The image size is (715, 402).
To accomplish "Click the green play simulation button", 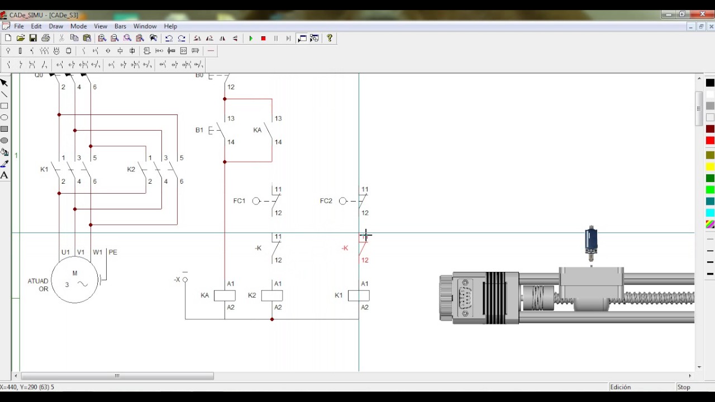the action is [251, 39].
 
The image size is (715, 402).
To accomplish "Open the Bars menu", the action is [120, 26].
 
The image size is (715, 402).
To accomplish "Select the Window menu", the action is [145, 26].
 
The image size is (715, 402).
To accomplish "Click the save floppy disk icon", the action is [33, 39].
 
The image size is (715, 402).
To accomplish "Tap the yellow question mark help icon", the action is [330, 39].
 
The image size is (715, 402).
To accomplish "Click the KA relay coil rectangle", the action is [225, 296].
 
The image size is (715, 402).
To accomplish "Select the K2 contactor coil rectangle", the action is [272, 296].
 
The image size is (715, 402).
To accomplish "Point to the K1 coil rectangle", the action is [359, 296].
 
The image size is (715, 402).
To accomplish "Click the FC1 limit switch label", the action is [239, 201].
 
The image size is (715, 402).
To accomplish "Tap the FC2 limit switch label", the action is [326, 201].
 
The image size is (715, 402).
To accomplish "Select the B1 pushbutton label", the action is [199, 130].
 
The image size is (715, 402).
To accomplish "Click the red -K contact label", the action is [345, 248].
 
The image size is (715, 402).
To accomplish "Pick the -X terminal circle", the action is [185, 280].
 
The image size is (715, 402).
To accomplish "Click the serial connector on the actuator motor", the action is [465, 298].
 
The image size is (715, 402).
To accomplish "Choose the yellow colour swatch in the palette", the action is [710, 166].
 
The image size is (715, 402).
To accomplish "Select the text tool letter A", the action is [4, 175].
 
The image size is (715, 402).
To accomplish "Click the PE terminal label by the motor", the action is [113, 252].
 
